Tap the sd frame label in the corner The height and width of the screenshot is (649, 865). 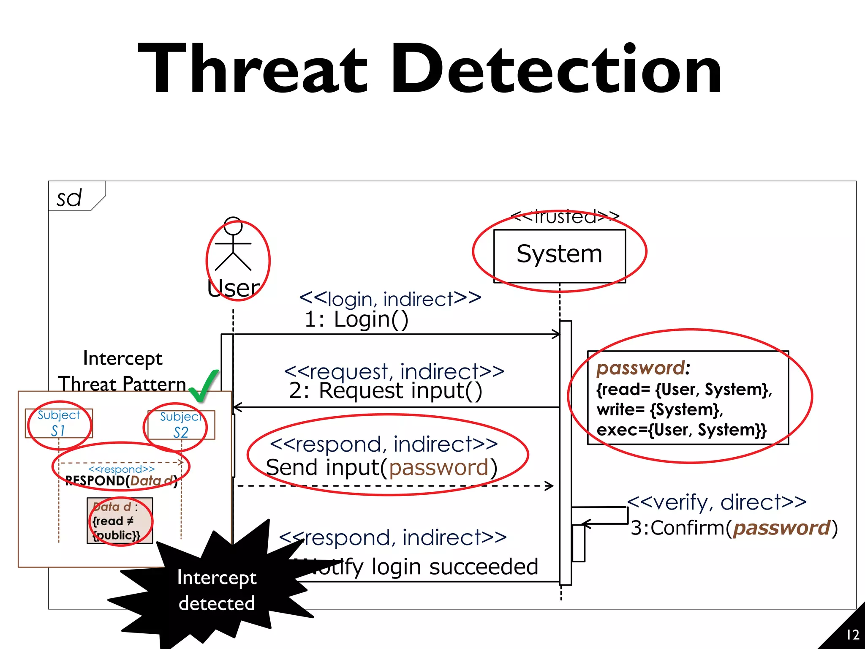(x=69, y=198)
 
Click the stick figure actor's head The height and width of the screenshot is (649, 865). (x=233, y=226)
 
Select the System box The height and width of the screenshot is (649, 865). (x=559, y=255)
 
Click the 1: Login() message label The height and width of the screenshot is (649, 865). (x=356, y=319)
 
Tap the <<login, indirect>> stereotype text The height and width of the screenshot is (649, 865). (x=390, y=299)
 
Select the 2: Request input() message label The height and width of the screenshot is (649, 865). (x=385, y=391)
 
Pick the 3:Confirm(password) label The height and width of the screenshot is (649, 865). (x=734, y=528)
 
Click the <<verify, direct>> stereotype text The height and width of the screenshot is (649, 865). (x=717, y=502)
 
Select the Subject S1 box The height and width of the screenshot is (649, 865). (x=59, y=423)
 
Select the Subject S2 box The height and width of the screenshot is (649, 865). (x=181, y=425)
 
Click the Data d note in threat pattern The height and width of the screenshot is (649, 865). (x=120, y=521)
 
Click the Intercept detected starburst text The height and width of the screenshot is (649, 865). (x=217, y=590)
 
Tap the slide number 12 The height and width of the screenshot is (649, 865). (x=853, y=635)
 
